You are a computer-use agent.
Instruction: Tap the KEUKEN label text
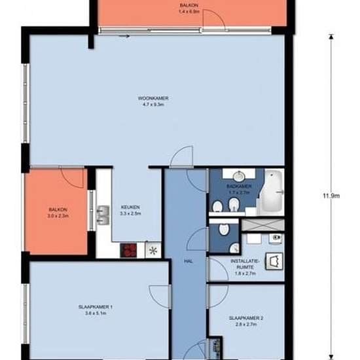point(130,207)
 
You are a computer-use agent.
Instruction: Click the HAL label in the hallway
point(189,261)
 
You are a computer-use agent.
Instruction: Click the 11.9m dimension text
point(331,196)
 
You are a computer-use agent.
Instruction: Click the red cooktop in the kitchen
point(129,250)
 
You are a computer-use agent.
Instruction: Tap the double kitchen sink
point(103,215)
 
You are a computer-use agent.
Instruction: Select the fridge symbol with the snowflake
point(153,251)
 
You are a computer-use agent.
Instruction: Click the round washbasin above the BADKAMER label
point(239,176)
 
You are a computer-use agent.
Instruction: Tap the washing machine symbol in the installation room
point(274,261)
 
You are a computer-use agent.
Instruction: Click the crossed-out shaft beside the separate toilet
point(263,225)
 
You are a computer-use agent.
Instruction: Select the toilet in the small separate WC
point(224,229)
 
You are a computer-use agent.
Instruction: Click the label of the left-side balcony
point(58,213)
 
